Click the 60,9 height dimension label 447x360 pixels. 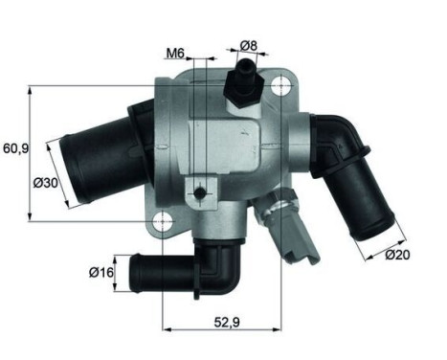click(x=16, y=147)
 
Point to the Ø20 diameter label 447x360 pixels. click(x=398, y=254)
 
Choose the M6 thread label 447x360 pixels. click(x=174, y=53)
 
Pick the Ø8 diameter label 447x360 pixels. click(x=246, y=45)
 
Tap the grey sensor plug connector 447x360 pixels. click(x=292, y=234)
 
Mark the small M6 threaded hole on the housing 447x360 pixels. click(x=199, y=193)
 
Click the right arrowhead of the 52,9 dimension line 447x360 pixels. click(x=284, y=323)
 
